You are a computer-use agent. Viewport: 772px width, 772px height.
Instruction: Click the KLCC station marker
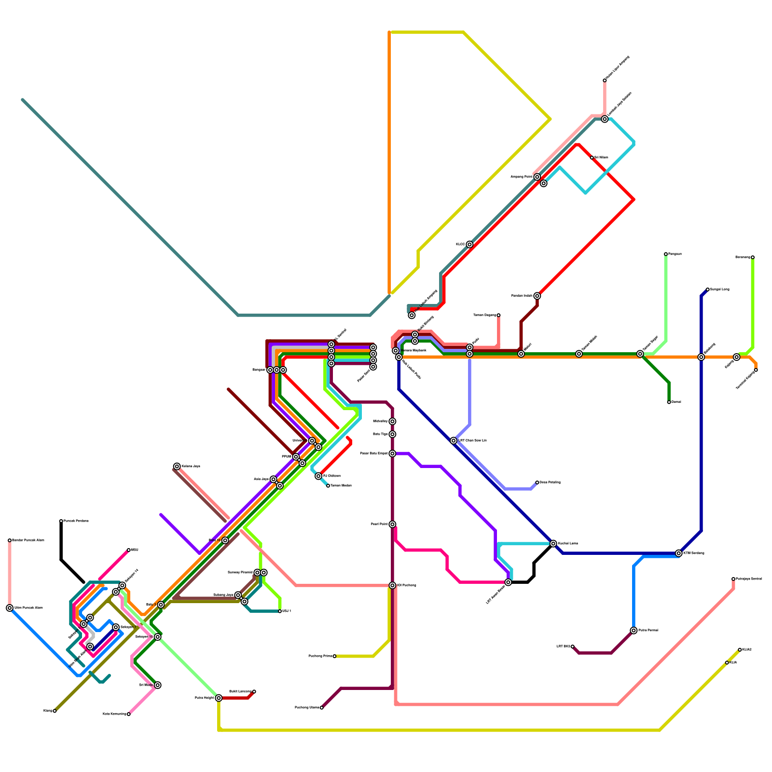coord(469,245)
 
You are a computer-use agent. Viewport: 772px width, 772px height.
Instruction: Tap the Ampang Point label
coord(522,177)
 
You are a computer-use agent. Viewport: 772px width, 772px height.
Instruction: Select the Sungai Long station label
coord(719,289)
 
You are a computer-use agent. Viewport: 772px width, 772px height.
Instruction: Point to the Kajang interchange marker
coord(736,357)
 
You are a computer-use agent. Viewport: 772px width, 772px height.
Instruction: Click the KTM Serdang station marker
coord(679,553)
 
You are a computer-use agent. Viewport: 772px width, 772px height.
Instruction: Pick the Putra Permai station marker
coord(634,631)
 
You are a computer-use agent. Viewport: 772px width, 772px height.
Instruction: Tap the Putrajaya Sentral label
coord(748,579)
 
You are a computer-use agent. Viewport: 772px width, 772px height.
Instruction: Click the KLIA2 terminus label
coord(747,650)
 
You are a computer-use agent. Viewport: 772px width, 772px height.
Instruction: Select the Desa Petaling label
coord(550,482)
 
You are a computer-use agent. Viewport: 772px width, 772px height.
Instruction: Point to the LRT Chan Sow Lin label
coord(472,441)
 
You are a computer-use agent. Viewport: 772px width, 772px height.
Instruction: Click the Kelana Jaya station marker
coord(177,466)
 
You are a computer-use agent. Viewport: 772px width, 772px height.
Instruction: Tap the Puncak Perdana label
coord(76,521)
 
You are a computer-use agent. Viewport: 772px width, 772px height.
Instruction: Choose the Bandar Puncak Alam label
coord(28,540)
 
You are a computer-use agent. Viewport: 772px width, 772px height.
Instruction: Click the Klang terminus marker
coord(55,711)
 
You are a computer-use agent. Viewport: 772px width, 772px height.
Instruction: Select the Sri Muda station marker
coord(158,685)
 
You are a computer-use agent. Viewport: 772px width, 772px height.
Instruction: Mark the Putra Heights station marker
coord(219,698)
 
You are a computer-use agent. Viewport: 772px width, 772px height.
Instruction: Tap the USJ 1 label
coord(287,611)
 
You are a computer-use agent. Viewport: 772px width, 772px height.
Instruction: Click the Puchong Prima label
coord(320,656)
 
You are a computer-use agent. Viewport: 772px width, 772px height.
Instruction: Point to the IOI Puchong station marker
coord(392,585)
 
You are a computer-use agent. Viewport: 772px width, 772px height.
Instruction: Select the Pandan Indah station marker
coord(537,296)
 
